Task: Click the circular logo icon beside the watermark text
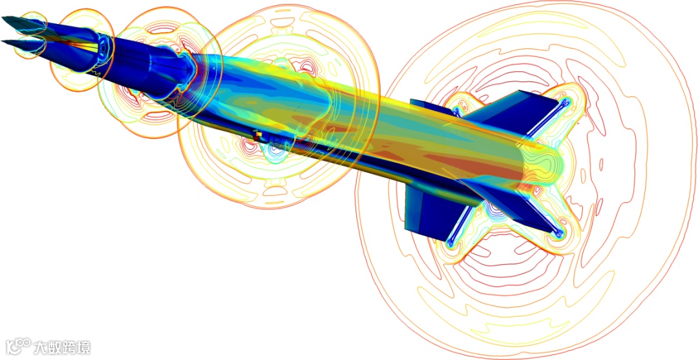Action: (18, 346)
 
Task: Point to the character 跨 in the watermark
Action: (69, 346)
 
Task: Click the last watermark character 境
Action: (83, 346)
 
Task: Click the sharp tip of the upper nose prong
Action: (2, 18)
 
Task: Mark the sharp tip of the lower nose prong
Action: (2, 41)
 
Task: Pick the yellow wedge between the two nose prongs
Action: (82, 46)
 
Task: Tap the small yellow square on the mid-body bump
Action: (257, 133)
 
